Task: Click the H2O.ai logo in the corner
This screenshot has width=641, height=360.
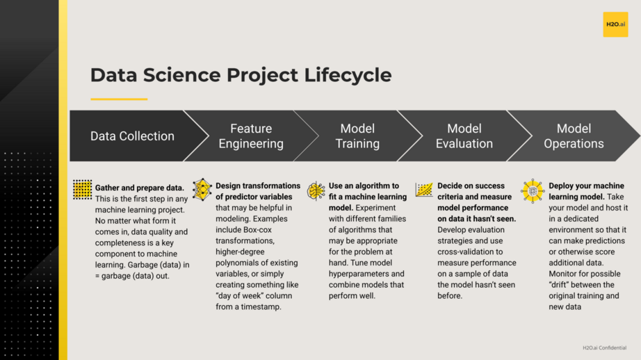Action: coord(615,24)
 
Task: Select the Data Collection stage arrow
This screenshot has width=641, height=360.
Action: coord(132,136)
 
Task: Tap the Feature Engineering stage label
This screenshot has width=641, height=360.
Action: coord(251,136)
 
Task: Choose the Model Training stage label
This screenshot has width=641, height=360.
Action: coord(357,136)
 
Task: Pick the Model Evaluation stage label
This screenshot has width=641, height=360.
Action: coord(464,136)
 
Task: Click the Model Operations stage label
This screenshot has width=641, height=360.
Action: coord(574,136)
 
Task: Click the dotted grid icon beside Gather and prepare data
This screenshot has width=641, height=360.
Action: coord(83,189)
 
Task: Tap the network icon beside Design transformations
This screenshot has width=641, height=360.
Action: coord(202,189)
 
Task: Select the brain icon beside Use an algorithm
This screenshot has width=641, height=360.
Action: coord(316,190)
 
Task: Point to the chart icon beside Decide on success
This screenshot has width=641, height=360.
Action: coord(424,190)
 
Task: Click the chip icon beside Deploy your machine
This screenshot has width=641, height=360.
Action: coord(533,190)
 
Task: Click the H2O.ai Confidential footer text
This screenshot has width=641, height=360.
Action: coord(604,347)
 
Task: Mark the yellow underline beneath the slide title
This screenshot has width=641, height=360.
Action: coord(119,99)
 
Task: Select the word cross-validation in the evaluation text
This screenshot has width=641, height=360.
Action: coord(466,252)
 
